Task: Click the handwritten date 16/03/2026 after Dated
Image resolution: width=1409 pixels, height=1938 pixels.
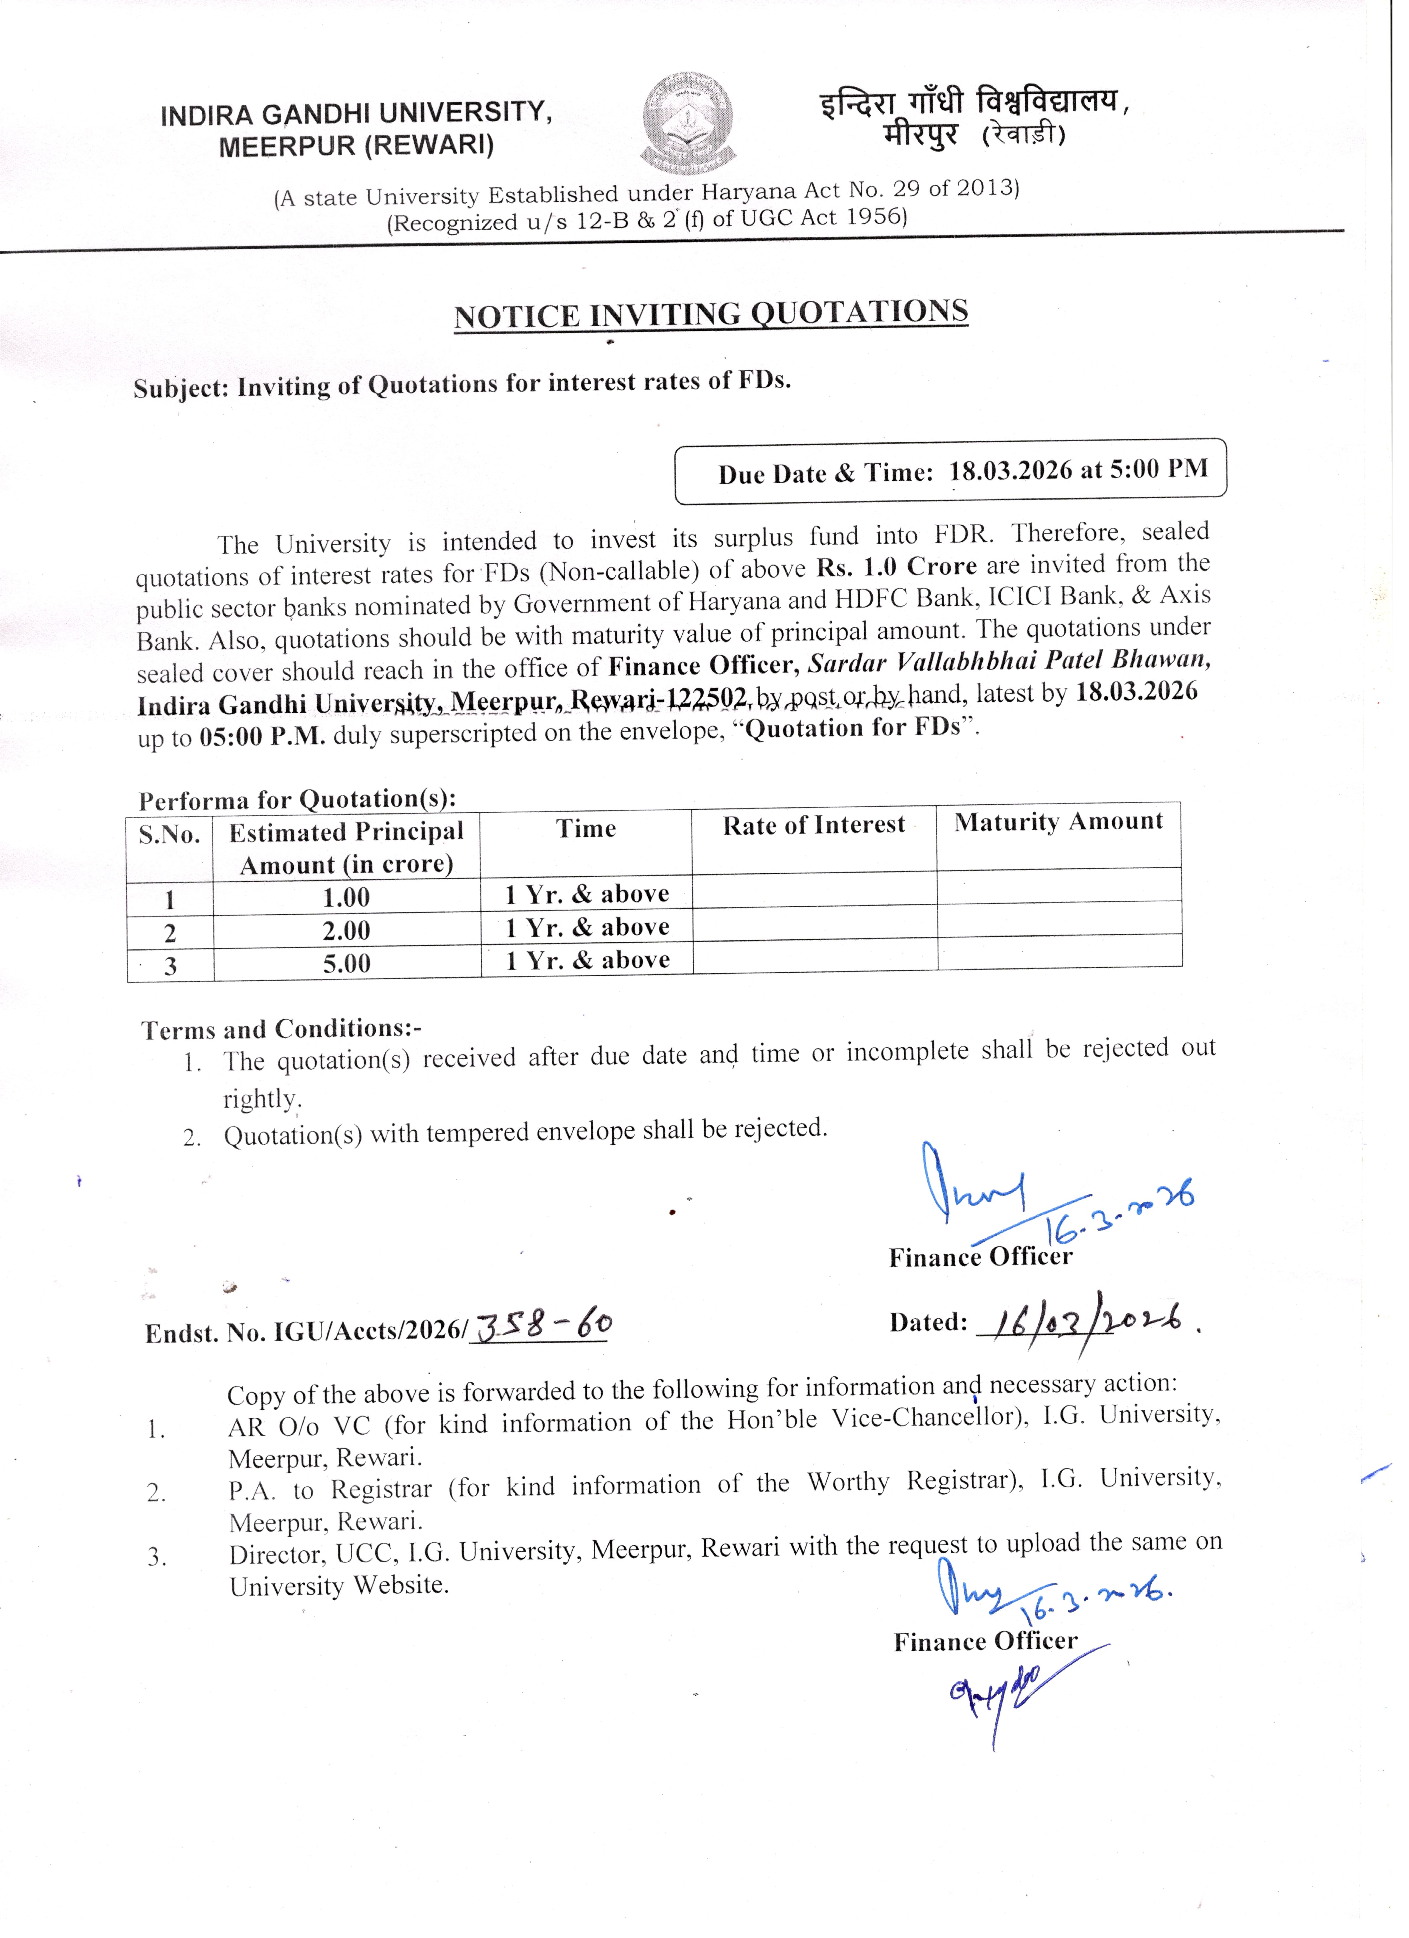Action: point(1082,1323)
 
